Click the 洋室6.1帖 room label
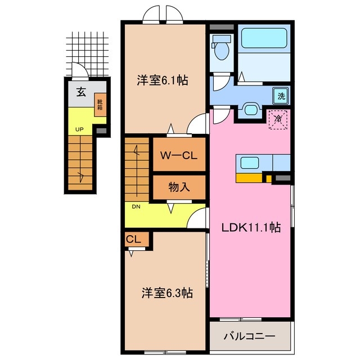click(163, 80)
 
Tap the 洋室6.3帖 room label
click(167, 293)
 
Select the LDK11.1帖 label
click(250, 229)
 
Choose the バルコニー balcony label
click(250, 336)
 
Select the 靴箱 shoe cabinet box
click(100, 105)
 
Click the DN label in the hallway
click(136, 206)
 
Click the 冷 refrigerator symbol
click(278, 119)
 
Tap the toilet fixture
click(222, 48)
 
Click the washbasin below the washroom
click(249, 110)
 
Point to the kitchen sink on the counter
click(250, 163)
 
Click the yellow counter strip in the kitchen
click(250, 178)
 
